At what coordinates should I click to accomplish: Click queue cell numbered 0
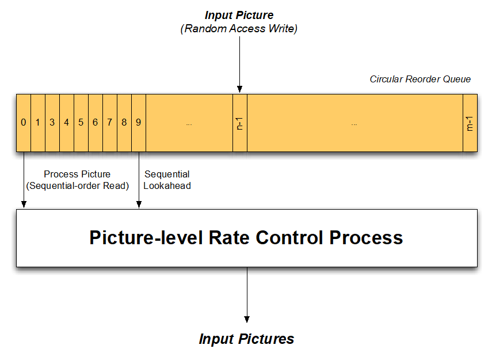pyautogui.click(x=24, y=122)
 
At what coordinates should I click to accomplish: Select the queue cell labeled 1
pyautogui.click(x=38, y=122)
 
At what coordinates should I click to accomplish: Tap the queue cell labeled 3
pyautogui.click(x=52, y=122)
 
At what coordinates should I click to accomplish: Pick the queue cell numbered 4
pyautogui.click(x=67, y=122)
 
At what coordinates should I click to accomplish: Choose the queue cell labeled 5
pyautogui.click(x=81, y=122)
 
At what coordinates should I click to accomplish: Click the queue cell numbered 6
pyautogui.click(x=96, y=122)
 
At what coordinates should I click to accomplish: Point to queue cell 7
pyautogui.click(x=110, y=122)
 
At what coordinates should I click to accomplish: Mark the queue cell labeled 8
pyautogui.click(x=124, y=122)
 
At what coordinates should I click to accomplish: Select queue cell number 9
pyautogui.click(x=139, y=122)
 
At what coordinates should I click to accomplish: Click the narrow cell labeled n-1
pyautogui.click(x=240, y=122)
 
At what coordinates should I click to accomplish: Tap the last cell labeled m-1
pyautogui.click(x=470, y=122)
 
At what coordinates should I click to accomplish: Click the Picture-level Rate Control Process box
pyautogui.click(x=246, y=238)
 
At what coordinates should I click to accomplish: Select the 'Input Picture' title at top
pyautogui.click(x=239, y=15)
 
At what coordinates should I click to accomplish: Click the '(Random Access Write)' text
pyautogui.click(x=239, y=29)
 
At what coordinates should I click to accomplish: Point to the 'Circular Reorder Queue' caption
pyautogui.click(x=420, y=79)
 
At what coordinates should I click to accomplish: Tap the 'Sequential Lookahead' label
pyautogui.click(x=167, y=180)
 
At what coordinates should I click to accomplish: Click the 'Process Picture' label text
pyautogui.click(x=77, y=174)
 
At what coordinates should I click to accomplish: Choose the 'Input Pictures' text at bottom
pyautogui.click(x=246, y=339)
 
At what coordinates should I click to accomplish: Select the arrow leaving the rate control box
pyautogui.click(x=247, y=294)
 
